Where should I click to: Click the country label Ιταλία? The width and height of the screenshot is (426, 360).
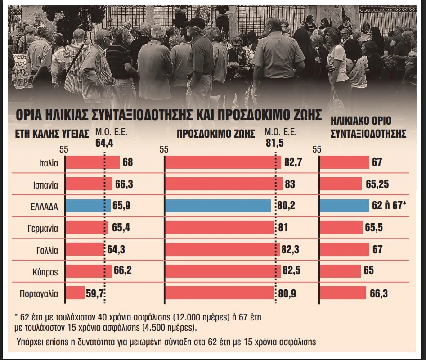(48, 162)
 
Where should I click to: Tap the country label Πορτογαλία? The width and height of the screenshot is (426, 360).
(39, 293)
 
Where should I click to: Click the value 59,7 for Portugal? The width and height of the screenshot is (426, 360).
(95, 293)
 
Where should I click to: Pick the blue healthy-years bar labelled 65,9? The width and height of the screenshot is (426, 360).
(88, 206)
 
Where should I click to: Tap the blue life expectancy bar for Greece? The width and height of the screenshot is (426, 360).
(218, 206)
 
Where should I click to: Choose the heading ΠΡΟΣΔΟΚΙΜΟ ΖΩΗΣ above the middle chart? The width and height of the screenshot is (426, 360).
(216, 134)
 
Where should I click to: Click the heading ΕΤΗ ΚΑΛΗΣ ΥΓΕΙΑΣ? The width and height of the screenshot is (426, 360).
(49, 134)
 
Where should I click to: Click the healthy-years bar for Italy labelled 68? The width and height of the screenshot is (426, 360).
(92, 162)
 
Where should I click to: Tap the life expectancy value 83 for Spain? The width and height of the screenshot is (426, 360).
(290, 184)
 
